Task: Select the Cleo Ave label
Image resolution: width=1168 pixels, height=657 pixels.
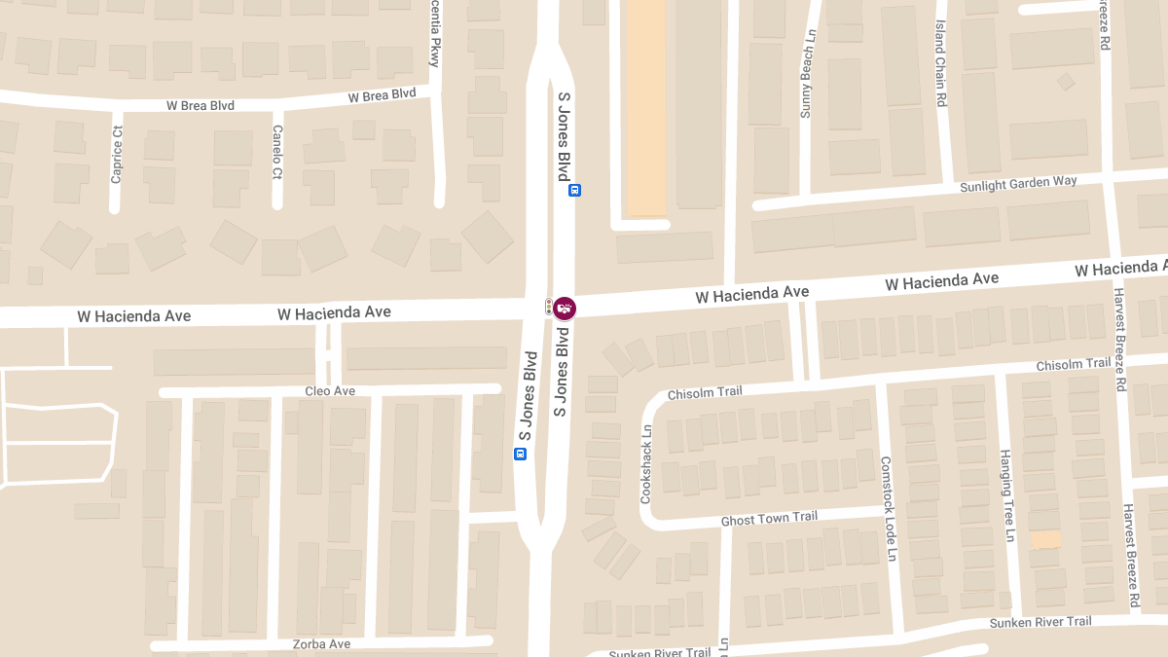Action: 330,391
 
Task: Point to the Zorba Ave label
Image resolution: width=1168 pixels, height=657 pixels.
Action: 321,644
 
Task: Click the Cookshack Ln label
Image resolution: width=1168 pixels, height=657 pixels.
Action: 646,462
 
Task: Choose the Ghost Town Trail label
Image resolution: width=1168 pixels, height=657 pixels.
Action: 769,520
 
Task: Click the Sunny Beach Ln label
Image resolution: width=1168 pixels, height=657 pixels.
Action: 806,85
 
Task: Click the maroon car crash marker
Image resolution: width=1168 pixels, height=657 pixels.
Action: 565,308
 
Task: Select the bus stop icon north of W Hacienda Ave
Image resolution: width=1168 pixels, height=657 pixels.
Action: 574,191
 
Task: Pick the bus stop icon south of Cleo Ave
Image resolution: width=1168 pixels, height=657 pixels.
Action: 520,454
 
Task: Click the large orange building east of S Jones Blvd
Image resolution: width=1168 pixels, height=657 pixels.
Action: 643,107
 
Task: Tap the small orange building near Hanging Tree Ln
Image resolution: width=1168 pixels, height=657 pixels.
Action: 1045,539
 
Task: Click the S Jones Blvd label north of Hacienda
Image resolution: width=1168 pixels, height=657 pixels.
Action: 563,137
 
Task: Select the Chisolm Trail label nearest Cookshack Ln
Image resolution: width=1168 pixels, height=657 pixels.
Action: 705,392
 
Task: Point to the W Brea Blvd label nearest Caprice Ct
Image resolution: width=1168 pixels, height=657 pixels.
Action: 201,105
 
